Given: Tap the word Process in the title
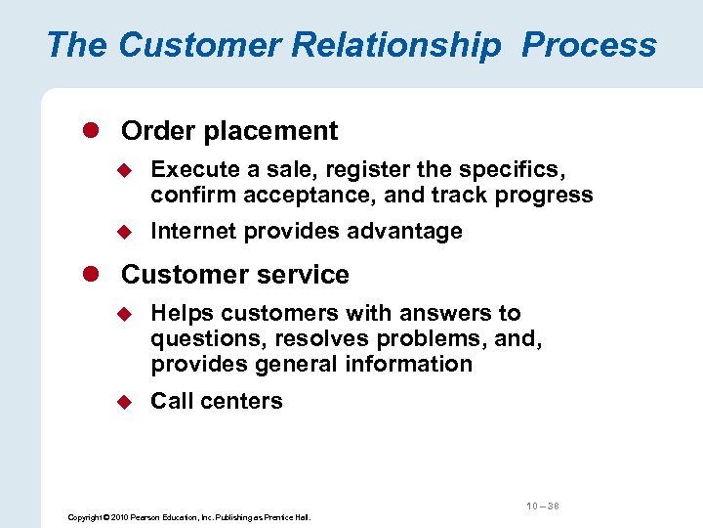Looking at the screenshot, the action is [x=589, y=45].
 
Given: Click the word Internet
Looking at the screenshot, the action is [x=193, y=232].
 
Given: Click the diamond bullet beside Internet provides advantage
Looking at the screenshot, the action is [x=124, y=232].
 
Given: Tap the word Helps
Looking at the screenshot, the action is [x=183, y=314].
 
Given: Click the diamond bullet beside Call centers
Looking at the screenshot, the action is [x=124, y=401].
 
